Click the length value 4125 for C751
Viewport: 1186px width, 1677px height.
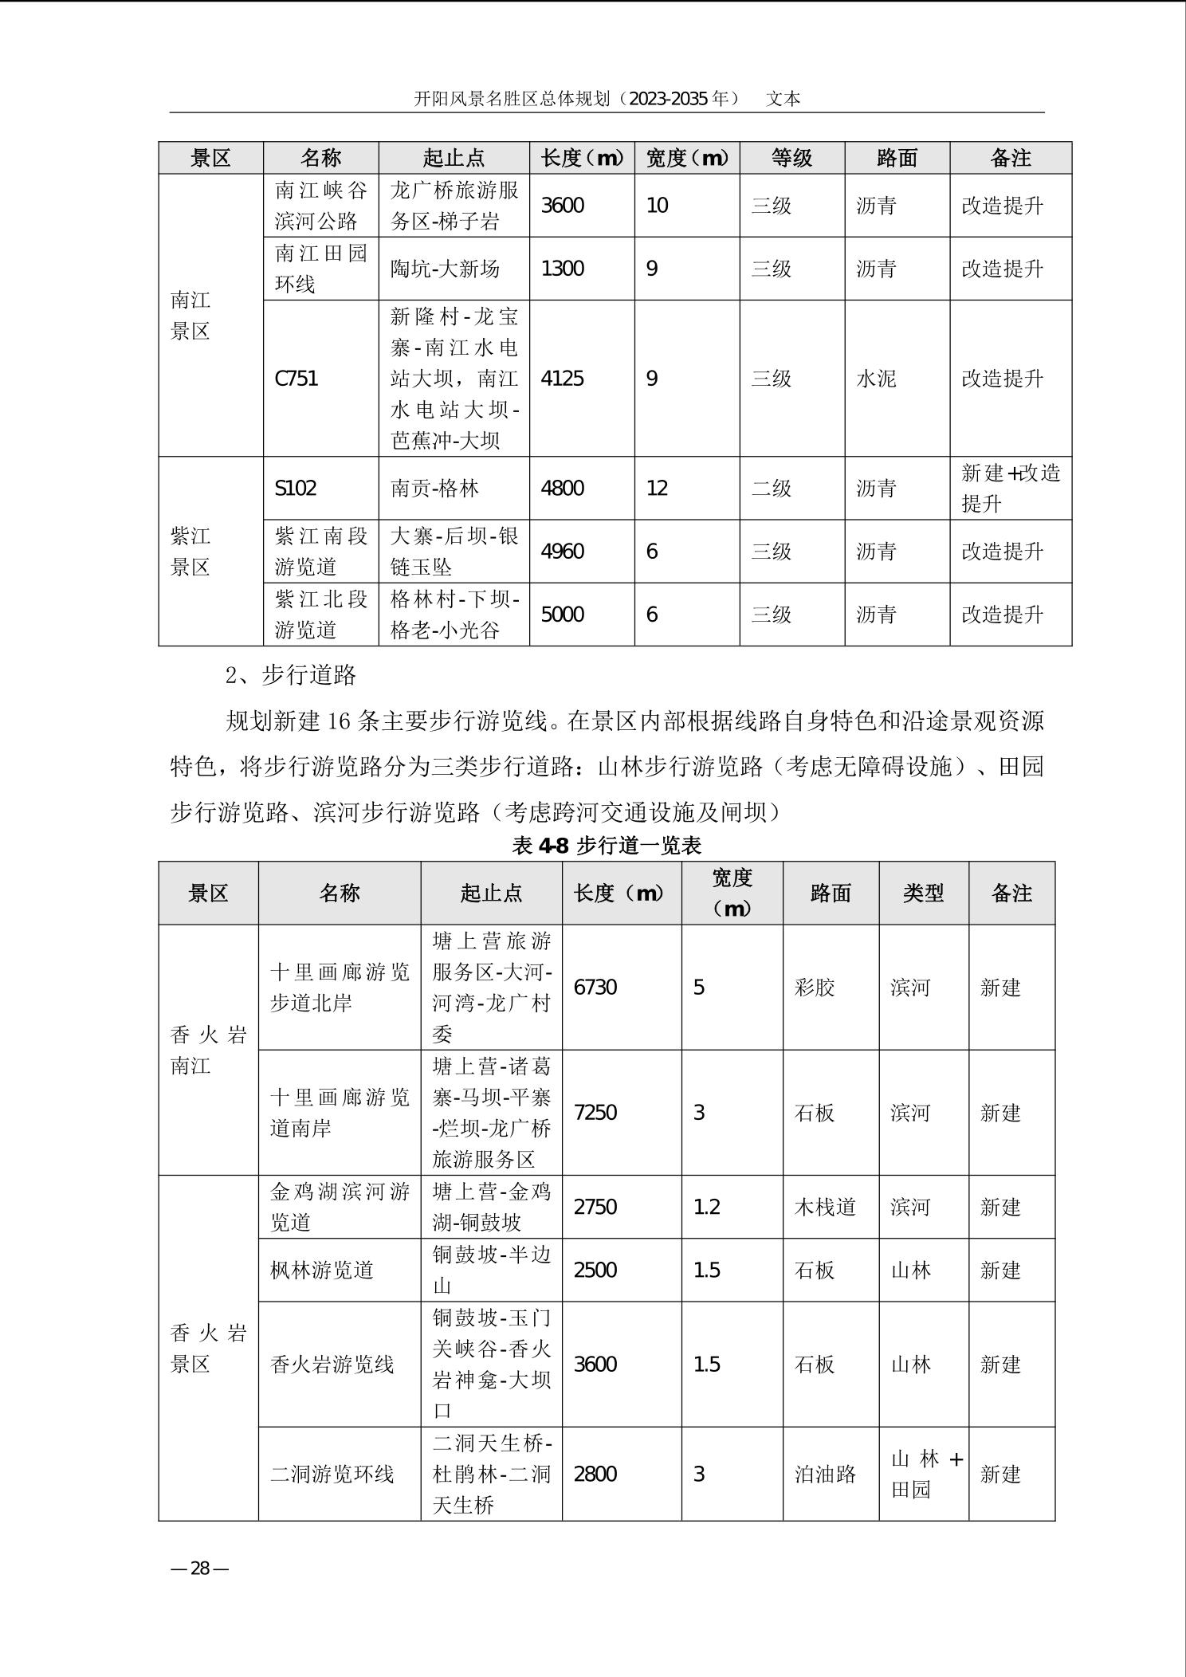[563, 379]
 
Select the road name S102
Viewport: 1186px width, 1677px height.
[296, 489]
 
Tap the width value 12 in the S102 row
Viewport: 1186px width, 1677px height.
[657, 489]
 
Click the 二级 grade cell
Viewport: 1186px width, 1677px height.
[772, 489]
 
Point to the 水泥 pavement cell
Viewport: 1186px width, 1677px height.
[877, 379]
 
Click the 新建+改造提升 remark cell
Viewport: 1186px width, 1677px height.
[1010, 489]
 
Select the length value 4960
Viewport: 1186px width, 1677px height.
[563, 552]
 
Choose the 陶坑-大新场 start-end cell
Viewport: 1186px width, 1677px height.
[446, 269]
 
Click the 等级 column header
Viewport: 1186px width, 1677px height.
[791, 158]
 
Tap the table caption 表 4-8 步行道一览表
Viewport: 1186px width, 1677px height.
[606, 846]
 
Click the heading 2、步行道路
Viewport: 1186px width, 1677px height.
[291, 676]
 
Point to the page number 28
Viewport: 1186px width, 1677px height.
[199, 1569]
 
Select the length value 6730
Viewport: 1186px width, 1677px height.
[595, 988]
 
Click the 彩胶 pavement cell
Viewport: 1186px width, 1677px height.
[815, 988]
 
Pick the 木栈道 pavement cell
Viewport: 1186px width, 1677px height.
[825, 1207]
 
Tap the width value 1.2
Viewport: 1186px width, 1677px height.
[707, 1207]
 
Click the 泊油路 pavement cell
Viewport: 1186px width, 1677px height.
[825, 1474]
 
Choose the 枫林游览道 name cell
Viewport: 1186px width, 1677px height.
[322, 1270]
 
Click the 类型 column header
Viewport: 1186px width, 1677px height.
[924, 893]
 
